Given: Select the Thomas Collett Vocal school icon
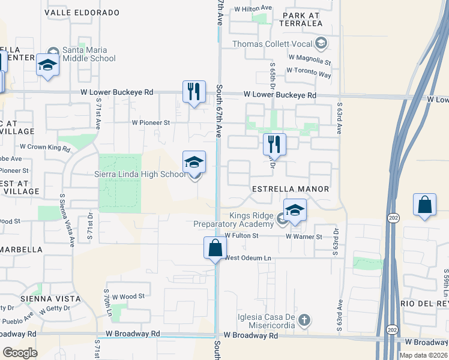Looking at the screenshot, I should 322,43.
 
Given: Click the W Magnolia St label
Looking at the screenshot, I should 309,61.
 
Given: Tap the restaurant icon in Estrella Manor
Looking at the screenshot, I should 274,144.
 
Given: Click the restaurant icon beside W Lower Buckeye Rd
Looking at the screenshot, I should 194,92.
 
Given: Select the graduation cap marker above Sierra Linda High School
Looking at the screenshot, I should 194,162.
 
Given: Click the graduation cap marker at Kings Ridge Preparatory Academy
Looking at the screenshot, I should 295,211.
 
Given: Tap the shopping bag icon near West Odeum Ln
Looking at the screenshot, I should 215,247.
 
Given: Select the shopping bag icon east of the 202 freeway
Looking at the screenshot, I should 424,205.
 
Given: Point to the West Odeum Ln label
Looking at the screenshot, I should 248,258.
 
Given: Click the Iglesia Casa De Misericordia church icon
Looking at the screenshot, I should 304,320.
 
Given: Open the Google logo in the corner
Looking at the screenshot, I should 20,353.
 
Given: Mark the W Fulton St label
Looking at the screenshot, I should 241,236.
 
